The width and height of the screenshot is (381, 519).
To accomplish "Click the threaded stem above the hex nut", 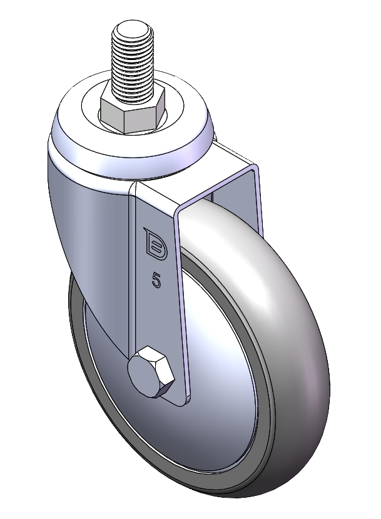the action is click(x=133, y=59).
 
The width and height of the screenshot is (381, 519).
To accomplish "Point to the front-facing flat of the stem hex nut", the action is click(x=139, y=121).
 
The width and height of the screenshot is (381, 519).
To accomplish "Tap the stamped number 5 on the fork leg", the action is click(x=156, y=280).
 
